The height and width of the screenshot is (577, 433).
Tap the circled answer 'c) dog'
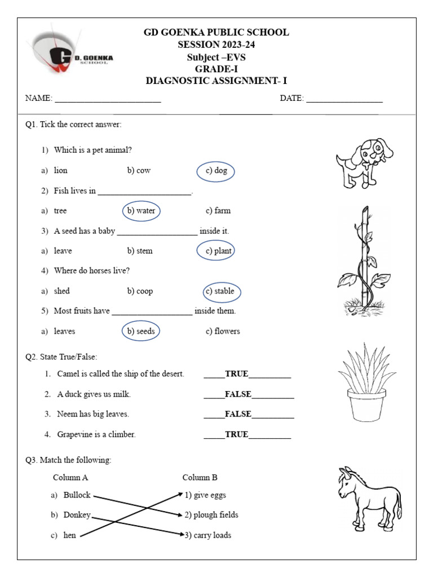point(215,171)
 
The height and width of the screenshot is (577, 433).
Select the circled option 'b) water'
point(141,211)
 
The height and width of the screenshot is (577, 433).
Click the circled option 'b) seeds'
point(141,331)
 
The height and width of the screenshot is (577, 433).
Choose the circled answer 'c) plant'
point(216,251)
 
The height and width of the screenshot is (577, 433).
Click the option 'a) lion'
point(60,171)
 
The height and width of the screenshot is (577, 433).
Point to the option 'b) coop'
point(140,291)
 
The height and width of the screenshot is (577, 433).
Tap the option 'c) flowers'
point(223,331)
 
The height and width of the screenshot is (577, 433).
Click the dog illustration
point(363,162)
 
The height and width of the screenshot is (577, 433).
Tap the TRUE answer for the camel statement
point(236,374)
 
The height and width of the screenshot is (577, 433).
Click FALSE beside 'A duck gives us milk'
point(238,394)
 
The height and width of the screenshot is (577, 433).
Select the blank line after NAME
point(108,99)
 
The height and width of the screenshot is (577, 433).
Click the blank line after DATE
point(344,99)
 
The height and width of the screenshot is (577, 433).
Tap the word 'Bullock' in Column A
point(77,495)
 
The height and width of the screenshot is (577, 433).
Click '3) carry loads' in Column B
point(208,535)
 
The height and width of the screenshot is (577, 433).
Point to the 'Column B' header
point(200,478)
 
